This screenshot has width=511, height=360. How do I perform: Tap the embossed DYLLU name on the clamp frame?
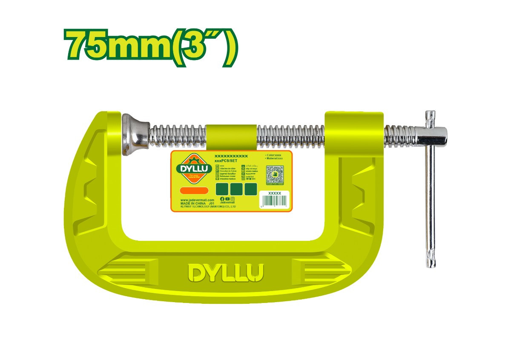pos(226,273)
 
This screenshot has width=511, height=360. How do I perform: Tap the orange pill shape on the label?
pos(194,190)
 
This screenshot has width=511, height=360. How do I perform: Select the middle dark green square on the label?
pos(236,189)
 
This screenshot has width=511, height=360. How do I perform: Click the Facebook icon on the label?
pos(222,199)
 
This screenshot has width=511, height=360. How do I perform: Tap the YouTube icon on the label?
pos(227,199)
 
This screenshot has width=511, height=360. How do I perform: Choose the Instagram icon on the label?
pos(233,199)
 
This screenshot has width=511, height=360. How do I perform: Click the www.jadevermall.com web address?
pos(196,200)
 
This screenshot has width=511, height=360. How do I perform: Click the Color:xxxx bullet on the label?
pos(273,155)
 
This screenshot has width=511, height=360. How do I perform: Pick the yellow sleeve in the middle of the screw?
pos(230,136)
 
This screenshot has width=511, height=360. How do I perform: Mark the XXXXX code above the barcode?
pos(275,193)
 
